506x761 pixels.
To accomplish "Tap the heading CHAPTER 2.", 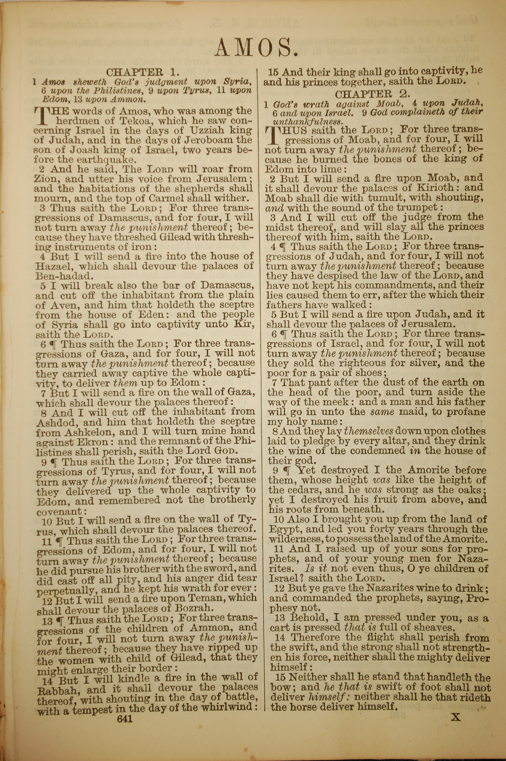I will (x=372, y=94).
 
